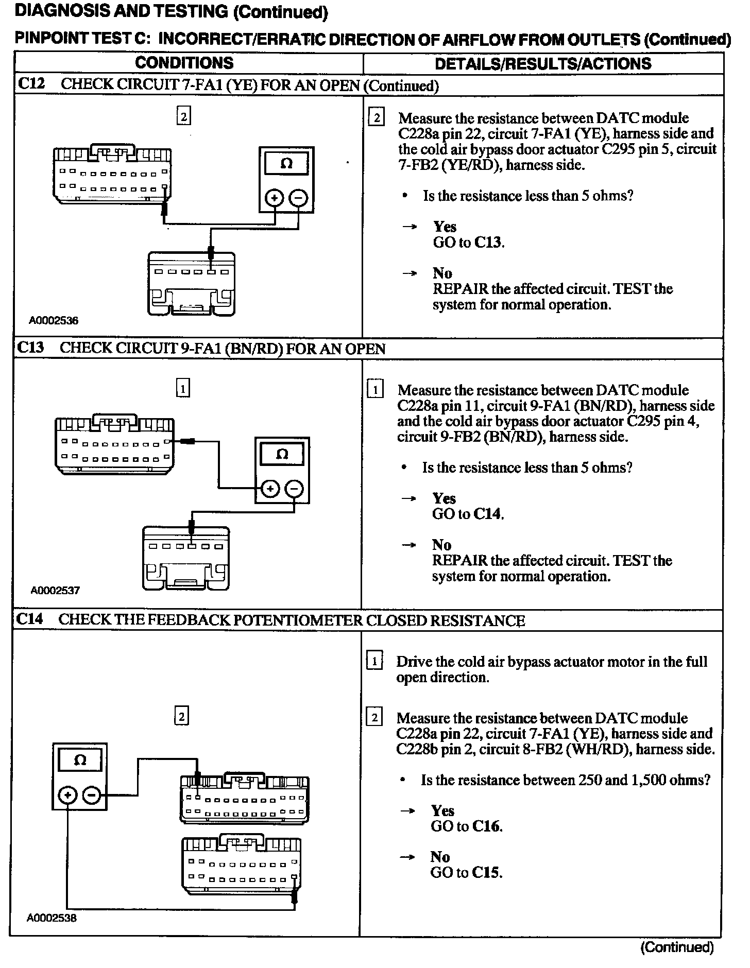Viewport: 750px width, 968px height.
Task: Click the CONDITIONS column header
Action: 184,63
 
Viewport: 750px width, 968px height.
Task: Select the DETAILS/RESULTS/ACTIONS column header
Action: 543,63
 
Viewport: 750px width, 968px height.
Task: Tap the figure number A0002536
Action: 54,320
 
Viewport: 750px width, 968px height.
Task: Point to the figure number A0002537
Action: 55,590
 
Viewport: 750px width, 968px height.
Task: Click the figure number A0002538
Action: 52,918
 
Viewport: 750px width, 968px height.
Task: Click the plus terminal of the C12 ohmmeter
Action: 275,198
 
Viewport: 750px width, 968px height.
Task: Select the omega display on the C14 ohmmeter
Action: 80,760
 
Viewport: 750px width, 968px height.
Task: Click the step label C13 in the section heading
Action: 30,348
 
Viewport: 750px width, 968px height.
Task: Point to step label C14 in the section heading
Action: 30,619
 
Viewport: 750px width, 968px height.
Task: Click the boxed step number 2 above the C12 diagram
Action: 183,116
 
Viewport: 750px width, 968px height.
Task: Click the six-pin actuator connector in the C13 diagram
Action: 186,558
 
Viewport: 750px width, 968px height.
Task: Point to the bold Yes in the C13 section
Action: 444,498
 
